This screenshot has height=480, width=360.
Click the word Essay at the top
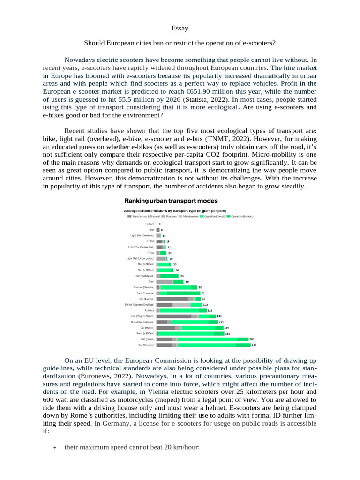pos(180,28)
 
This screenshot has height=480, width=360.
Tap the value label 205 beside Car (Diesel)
pos(252,339)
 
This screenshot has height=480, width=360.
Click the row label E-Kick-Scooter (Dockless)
pos(139,304)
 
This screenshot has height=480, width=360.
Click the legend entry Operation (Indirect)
pos(241,217)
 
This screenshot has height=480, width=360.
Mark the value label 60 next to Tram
pos(187,282)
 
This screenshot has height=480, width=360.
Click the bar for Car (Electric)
pos(178,299)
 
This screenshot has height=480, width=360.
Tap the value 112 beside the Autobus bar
pos(210,310)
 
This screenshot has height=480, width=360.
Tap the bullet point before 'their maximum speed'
pos(55,448)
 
